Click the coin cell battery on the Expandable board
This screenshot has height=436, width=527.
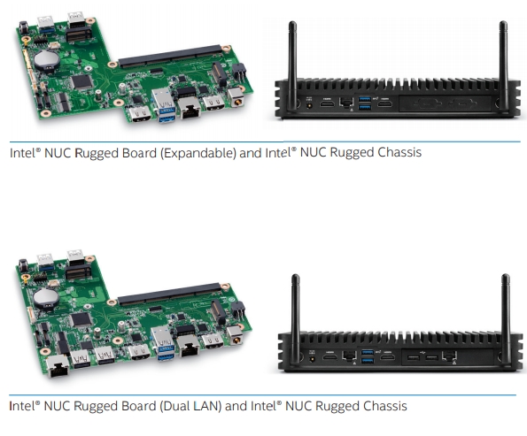point(47,59)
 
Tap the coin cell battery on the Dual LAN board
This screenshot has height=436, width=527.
point(46,298)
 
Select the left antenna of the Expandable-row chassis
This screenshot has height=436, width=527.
point(292,65)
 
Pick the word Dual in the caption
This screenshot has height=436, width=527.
point(175,406)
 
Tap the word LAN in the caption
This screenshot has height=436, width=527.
point(207,406)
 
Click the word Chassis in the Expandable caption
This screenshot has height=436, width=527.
point(399,152)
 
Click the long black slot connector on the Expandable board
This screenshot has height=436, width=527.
point(170,56)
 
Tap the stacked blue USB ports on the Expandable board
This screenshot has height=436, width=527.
point(164,105)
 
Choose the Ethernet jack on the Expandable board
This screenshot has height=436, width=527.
point(190,108)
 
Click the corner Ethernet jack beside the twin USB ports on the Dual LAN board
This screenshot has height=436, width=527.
point(58,365)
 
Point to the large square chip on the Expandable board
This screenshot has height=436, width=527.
point(81,81)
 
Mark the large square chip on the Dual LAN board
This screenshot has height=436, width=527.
point(81,319)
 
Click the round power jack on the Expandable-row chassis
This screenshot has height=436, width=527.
point(309,105)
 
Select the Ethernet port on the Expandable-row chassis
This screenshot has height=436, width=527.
point(346,103)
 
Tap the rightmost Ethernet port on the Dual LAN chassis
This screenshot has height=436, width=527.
point(449,356)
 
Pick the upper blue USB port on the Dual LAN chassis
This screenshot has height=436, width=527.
point(368,353)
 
